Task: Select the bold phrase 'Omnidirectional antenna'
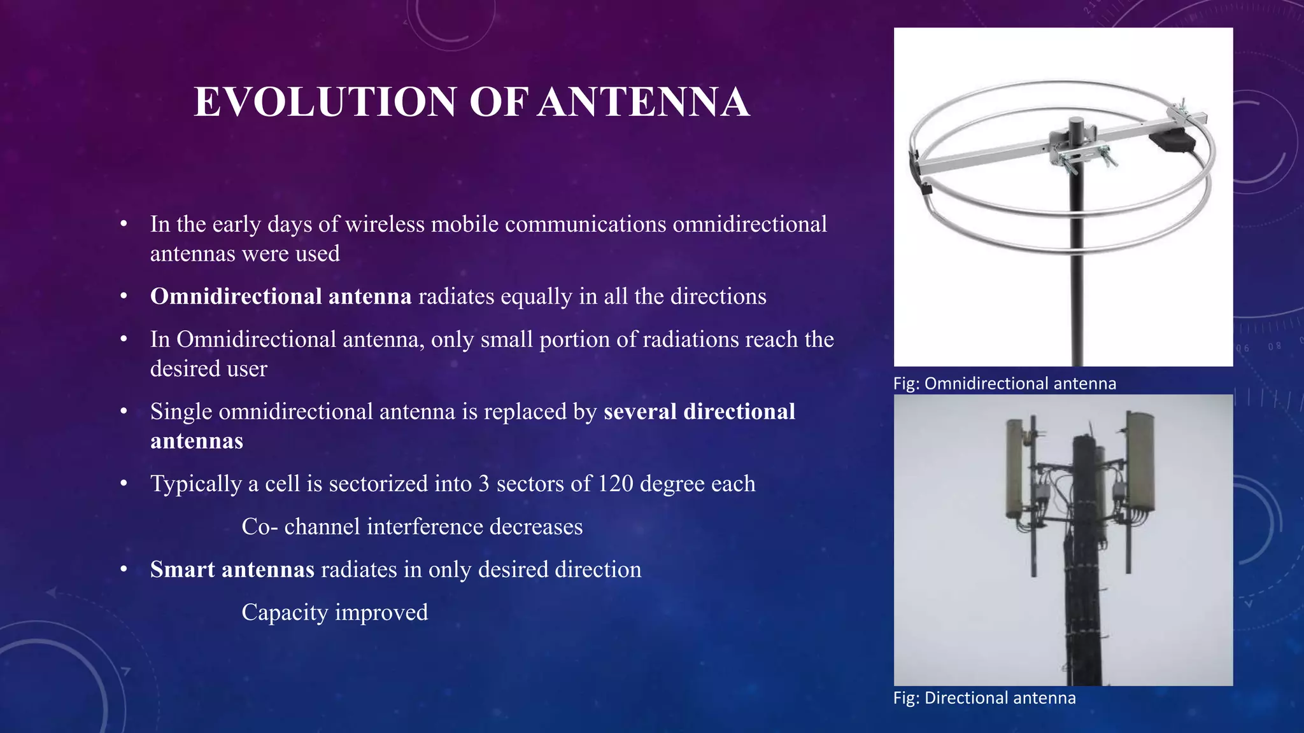281,297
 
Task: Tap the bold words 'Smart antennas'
232,569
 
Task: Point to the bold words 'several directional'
699,412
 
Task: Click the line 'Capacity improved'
335,612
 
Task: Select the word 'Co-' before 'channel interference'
259,527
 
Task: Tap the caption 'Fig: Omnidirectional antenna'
1004,384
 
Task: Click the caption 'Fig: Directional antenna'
984,698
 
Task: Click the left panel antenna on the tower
1016,468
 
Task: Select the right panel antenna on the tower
1140,461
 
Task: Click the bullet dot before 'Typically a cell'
124,484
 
